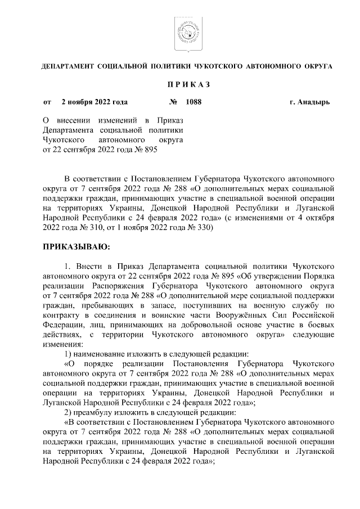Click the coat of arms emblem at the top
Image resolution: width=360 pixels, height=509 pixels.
pyautogui.click(x=186, y=31)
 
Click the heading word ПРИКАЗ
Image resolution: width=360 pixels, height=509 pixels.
pyautogui.click(x=187, y=84)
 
